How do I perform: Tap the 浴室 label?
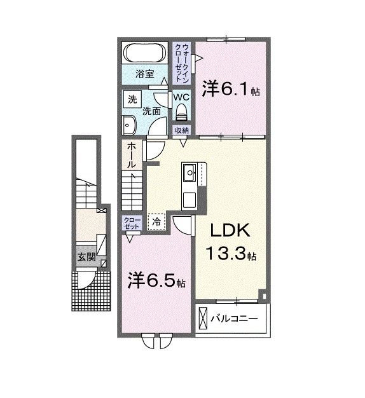[145, 74]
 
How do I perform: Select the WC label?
[181, 97]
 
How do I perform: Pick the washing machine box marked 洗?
[132, 99]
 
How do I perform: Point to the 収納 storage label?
[182, 130]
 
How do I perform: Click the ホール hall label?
[132, 155]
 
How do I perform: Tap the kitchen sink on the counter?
[189, 172]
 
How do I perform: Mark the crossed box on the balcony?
[203, 317]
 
